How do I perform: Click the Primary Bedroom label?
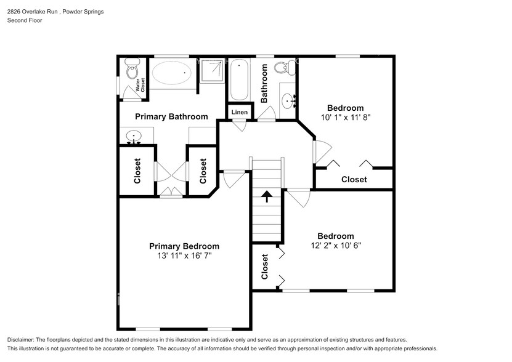point(184,246)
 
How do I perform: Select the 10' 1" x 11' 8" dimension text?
point(345,116)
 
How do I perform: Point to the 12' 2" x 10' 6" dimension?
point(335,245)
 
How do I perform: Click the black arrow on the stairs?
point(266,197)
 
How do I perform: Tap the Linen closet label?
point(240,112)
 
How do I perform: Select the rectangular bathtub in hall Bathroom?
point(239,79)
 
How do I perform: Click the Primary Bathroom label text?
point(171,116)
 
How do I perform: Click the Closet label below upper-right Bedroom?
point(354,179)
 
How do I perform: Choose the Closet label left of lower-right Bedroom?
point(265,267)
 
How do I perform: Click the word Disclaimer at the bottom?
point(24,340)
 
